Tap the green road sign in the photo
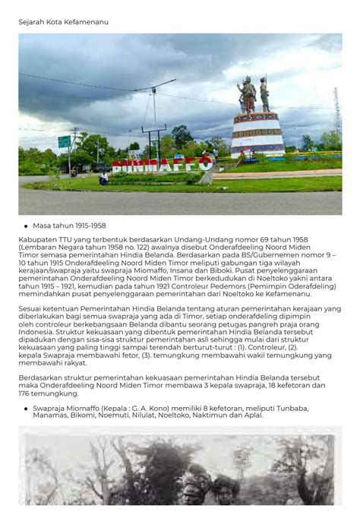65,141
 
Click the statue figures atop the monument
255,94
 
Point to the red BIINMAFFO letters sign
163,165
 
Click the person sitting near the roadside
103,178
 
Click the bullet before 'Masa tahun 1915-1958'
26,226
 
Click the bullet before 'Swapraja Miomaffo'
26,408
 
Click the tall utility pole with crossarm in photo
152,114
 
